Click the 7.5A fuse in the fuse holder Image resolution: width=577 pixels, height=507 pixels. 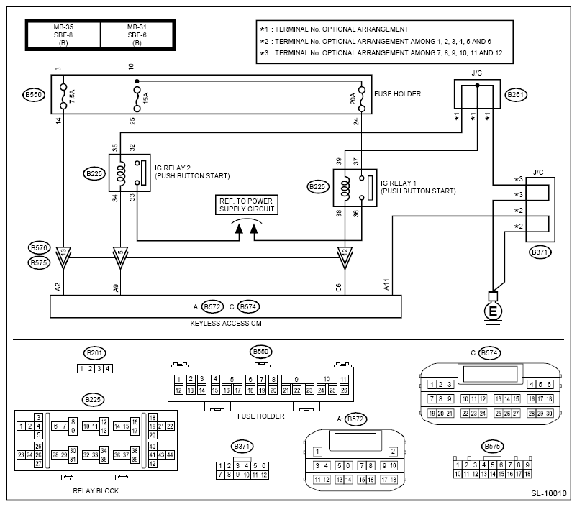tap(63, 96)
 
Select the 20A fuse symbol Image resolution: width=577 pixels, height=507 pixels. tap(361, 99)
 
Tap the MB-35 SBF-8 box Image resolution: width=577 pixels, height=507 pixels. tap(63, 35)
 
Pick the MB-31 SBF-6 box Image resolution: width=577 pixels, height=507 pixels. tap(137, 35)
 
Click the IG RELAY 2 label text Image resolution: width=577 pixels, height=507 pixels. tap(172, 168)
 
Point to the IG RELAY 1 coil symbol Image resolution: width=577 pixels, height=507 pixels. tap(345, 188)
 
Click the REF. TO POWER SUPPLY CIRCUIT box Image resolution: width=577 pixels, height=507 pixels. tap(246, 205)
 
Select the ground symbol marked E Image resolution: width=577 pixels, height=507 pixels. tap(493, 311)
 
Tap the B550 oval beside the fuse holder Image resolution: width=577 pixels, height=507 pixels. tap(34, 94)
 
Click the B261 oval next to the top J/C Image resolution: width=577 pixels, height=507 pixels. tap(516, 94)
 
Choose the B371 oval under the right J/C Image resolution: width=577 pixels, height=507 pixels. tap(540, 252)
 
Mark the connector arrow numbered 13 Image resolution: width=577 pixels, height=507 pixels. tap(63, 257)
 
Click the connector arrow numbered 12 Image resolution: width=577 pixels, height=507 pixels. tap(345, 257)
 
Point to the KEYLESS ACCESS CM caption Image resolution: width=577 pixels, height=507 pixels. tap(226, 323)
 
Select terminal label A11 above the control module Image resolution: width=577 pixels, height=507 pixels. tap(386, 284)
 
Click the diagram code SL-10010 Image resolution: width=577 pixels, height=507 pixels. tap(548, 493)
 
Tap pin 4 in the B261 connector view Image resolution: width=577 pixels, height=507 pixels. tap(108, 368)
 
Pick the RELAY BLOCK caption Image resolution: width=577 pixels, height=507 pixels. tap(96, 490)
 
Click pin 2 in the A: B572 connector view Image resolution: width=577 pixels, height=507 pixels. tap(393, 452)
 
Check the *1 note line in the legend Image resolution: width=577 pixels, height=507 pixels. tap(334, 29)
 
